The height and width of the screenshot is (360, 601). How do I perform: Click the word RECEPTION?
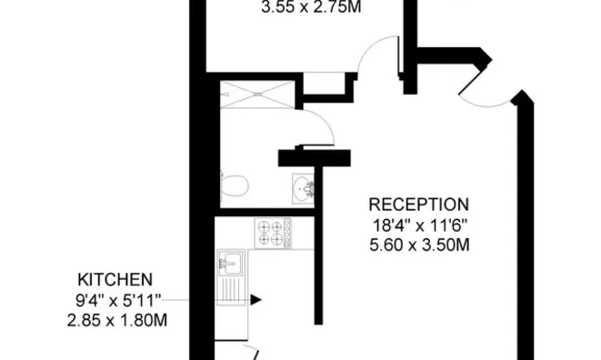418,205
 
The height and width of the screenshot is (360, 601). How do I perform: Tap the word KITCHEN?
115,279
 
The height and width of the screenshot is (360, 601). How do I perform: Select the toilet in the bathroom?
235,185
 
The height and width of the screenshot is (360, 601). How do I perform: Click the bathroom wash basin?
303,188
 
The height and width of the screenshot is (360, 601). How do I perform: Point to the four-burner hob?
274,233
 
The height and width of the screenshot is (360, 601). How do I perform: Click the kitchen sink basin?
230,262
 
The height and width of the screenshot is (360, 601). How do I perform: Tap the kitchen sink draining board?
231,291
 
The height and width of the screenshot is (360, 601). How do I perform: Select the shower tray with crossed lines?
257,95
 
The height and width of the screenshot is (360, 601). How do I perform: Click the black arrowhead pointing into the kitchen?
255,300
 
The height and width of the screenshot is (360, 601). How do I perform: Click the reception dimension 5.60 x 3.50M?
419,245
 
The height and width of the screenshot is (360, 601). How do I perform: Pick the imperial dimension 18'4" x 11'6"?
420,225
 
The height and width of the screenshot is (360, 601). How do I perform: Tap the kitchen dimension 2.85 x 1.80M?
117,320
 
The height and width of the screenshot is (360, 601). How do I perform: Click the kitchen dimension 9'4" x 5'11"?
118,300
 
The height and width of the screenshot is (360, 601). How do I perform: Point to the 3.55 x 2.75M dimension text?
311,7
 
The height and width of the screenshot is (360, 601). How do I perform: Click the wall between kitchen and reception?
318,245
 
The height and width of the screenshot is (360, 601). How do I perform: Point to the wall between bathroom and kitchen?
267,213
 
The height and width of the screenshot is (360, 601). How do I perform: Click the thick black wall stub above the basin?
315,158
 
